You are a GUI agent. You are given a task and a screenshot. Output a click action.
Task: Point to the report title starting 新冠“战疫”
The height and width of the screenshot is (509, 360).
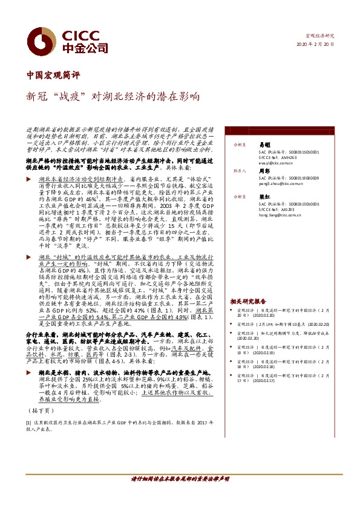click(112, 96)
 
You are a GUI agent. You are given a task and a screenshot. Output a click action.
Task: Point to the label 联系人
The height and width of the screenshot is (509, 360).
click(240, 171)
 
